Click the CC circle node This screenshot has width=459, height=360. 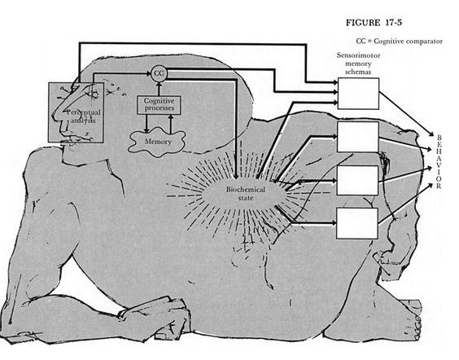click(159, 73)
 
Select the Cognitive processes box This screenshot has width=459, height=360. click(159, 105)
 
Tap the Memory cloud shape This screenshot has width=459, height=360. click(157, 142)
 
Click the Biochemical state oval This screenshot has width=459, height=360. click(245, 193)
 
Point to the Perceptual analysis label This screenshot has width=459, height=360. click(84, 116)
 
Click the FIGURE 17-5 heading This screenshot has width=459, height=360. click(374, 23)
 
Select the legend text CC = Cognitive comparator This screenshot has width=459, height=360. click(400, 42)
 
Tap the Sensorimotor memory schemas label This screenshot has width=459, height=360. click(358, 64)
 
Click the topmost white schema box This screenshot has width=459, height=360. click(358, 94)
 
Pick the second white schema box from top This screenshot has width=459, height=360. click(358, 137)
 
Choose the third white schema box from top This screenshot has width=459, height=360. click(357, 180)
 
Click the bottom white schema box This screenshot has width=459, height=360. click(357, 223)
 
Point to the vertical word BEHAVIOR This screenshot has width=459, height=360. click(439, 161)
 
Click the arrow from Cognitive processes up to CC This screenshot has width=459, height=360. click(159, 89)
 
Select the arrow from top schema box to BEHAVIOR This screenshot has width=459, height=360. click(407, 114)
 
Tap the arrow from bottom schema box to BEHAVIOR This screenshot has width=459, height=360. click(405, 204)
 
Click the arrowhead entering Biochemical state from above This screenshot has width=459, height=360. click(236, 175)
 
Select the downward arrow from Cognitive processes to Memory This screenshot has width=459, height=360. click(146, 123)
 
